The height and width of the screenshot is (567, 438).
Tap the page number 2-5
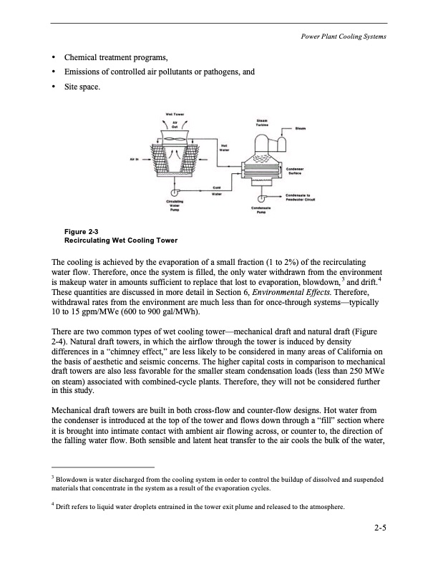point(379,530)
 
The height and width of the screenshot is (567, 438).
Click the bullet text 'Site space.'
point(83,87)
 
